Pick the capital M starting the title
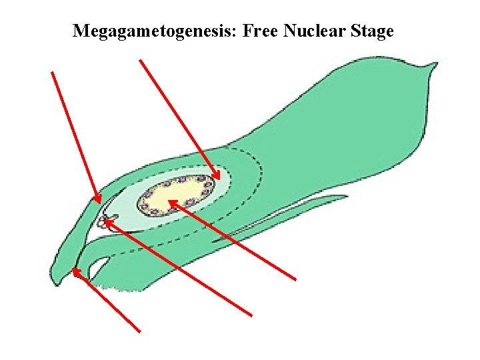81,31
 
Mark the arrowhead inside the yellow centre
171,202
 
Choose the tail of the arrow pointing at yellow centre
295,279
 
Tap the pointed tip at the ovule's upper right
435,65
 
